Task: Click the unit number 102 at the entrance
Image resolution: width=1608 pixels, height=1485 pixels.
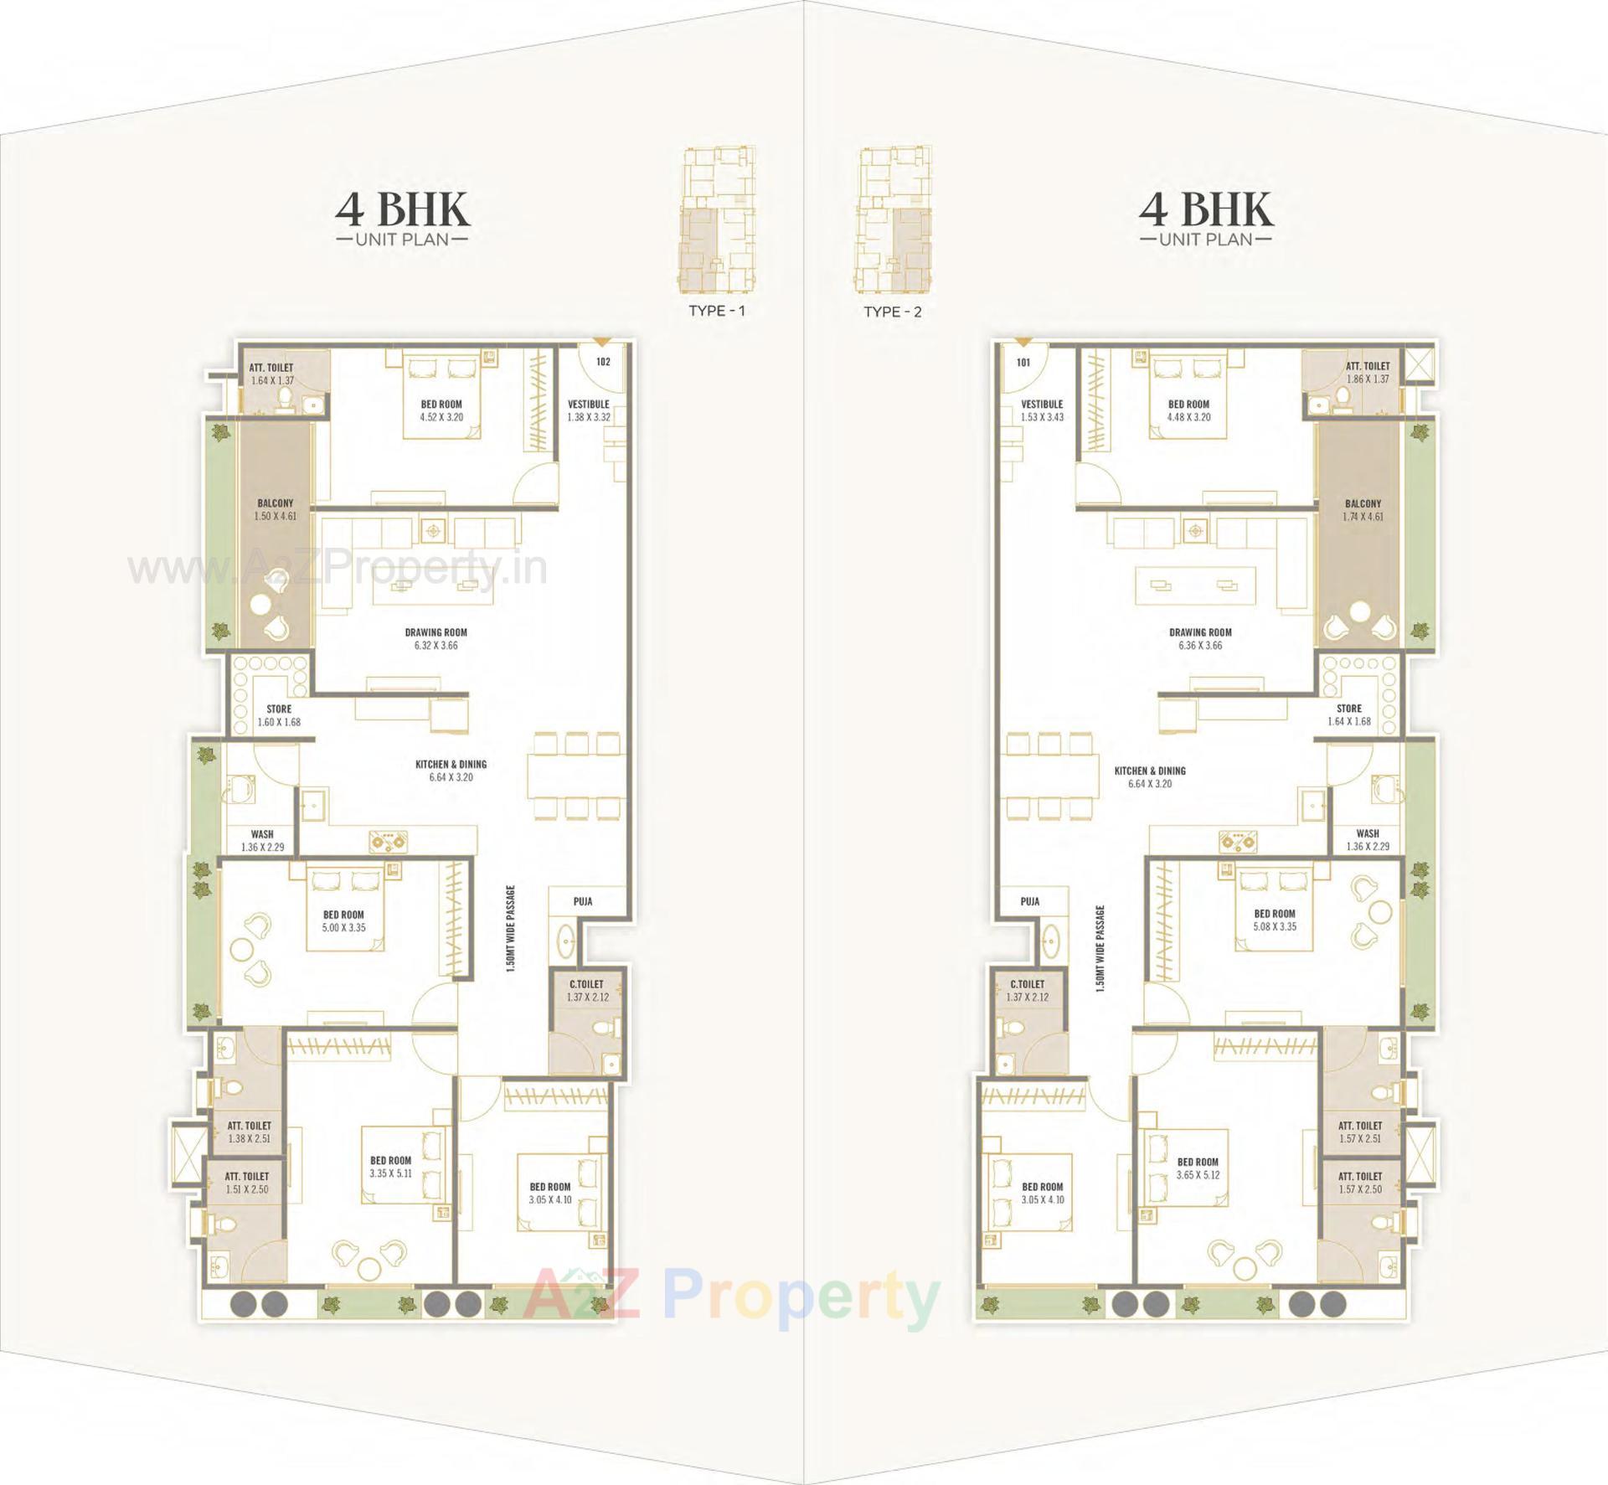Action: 603,362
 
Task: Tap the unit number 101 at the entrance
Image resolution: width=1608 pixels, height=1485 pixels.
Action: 1023,363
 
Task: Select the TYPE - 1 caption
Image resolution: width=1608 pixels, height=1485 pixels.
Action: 716,311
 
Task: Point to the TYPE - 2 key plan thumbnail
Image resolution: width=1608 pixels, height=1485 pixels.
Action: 893,221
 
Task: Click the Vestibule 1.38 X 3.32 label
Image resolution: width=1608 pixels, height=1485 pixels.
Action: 588,410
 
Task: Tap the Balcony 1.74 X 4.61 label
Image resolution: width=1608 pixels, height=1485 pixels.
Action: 1363,510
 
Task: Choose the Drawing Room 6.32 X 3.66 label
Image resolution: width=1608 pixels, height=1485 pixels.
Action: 435,639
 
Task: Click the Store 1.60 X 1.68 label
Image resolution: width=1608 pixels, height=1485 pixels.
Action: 279,715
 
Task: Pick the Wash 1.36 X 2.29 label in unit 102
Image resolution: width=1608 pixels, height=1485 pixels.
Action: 262,840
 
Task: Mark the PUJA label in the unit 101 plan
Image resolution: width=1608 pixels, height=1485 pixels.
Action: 1030,901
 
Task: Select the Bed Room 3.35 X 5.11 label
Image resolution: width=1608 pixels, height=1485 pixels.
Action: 390,1167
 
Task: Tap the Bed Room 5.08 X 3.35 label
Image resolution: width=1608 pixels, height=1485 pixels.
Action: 1275,920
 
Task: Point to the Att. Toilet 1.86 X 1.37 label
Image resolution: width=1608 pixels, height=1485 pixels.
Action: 1367,373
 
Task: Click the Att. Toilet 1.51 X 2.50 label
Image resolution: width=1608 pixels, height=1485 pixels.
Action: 247,1183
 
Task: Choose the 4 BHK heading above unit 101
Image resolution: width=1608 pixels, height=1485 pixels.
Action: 1205,209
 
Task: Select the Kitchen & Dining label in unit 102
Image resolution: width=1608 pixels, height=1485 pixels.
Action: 451,771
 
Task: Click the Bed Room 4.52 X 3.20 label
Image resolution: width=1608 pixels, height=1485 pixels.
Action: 441,410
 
